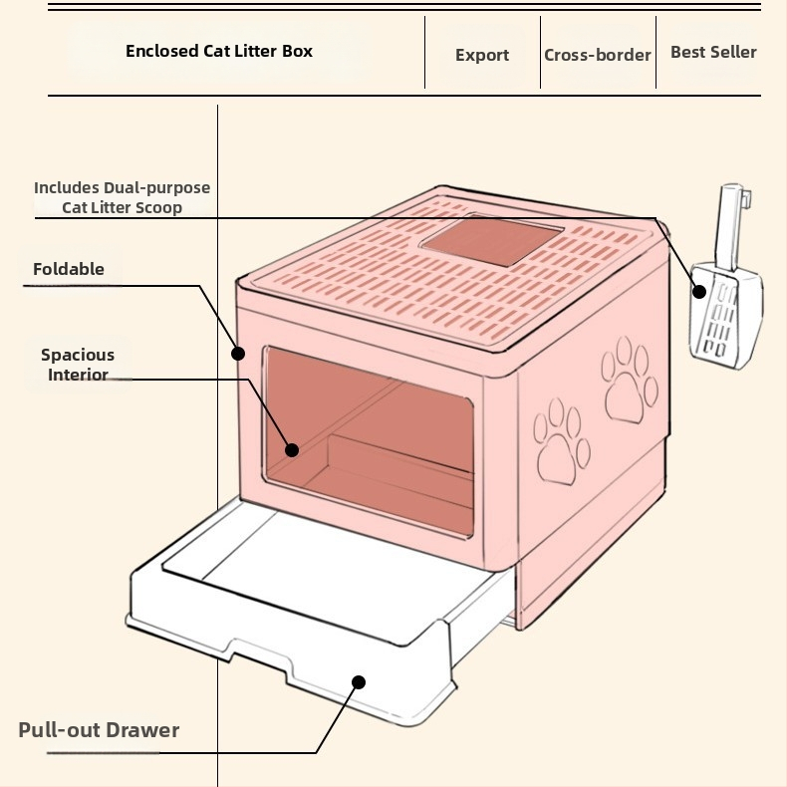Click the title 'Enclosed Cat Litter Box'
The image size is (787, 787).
pos(219,51)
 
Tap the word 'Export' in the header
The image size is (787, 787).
pos(482,55)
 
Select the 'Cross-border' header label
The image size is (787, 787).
pos(598,55)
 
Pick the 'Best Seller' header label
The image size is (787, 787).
pos(713,52)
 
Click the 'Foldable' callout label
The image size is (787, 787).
pos(69,269)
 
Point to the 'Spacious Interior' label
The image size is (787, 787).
pos(78,365)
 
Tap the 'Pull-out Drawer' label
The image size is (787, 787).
pos(99,729)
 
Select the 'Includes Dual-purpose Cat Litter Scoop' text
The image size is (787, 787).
pos(122,197)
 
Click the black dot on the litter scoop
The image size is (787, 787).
pos(699,291)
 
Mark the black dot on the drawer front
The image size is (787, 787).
pos(359,682)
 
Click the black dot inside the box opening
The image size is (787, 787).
pos(292,450)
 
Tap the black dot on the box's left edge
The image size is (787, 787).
pos(238,353)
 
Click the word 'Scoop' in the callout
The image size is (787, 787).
pos(159,207)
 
